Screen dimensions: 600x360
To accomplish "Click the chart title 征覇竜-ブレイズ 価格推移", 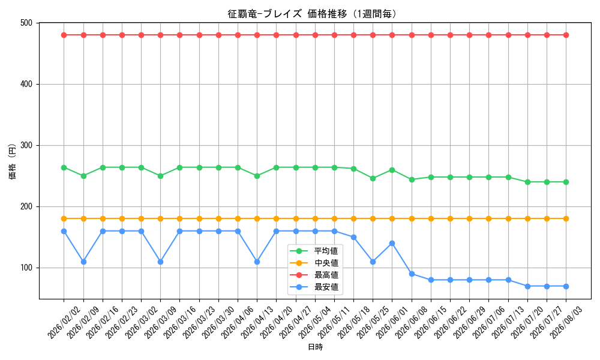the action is point(287,14).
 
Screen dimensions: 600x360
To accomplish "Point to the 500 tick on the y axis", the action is point(26,23).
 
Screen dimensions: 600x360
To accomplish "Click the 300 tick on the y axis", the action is point(26,145).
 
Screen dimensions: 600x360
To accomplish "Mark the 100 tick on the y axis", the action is point(26,268).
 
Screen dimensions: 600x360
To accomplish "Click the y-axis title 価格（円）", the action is point(13,161).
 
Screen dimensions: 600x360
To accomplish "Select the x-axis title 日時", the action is point(316,347).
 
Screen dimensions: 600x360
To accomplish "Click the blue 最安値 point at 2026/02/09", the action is point(83,262).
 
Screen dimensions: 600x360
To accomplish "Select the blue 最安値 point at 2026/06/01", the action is point(392,244).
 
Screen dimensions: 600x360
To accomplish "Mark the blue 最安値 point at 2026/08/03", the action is point(566,286).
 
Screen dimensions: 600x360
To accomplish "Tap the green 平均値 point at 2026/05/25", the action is point(373,178).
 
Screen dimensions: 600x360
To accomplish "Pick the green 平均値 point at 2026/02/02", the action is point(64,167).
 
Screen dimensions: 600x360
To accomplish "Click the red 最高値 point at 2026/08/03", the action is point(566,35).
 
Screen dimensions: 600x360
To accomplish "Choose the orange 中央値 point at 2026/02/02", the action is point(64,219).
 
